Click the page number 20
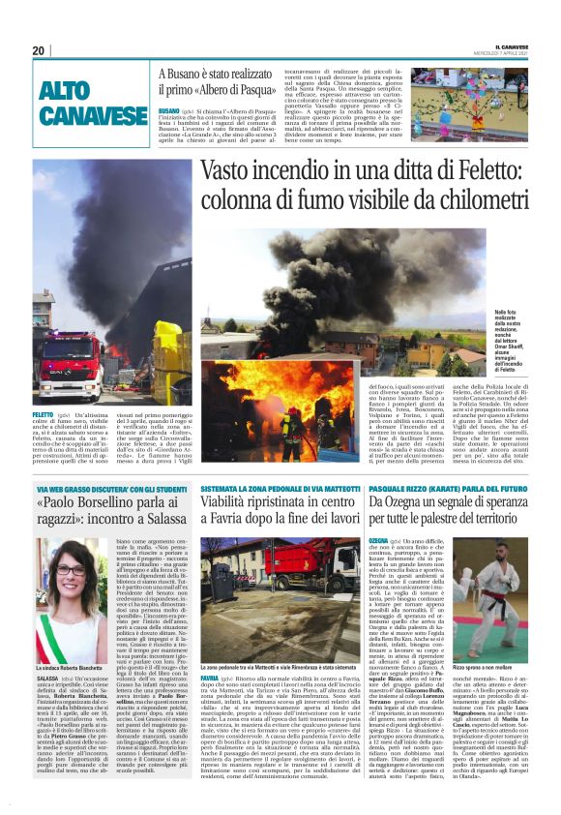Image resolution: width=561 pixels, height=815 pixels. tap(39, 50)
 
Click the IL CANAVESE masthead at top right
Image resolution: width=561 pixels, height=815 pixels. tap(522, 45)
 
